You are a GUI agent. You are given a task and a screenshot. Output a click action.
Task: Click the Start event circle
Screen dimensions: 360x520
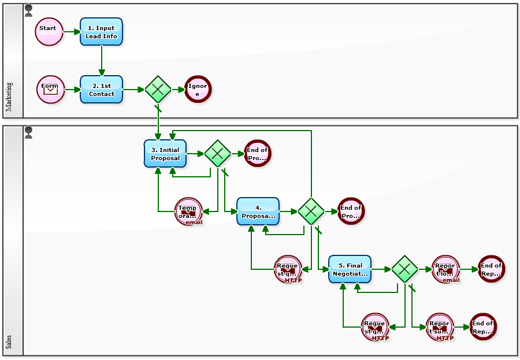click(x=49, y=31)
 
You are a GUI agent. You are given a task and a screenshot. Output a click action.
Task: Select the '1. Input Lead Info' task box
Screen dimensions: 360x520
click(x=101, y=32)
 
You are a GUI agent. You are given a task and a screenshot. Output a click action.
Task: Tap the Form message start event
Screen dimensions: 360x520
click(x=50, y=90)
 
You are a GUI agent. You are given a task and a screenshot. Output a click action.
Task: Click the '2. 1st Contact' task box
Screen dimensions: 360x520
click(x=101, y=90)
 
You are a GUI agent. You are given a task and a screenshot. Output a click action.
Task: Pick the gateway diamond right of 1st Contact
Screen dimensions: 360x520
click(x=158, y=90)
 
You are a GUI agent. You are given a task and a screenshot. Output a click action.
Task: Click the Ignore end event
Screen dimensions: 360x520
click(x=198, y=90)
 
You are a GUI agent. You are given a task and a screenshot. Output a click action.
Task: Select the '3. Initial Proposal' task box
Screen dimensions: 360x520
click(x=165, y=154)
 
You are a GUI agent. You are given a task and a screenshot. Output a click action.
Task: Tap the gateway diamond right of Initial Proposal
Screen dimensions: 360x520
click(x=218, y=154)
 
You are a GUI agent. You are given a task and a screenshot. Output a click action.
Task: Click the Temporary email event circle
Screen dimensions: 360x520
click(x=188, y=211)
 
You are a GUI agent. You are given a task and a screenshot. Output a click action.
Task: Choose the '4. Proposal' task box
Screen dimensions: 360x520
click(x=258, y=211)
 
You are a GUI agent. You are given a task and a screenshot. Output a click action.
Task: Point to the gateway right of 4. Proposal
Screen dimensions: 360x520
click(x=311, y=211)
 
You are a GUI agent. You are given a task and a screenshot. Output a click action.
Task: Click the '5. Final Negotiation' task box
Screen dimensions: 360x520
click(x=350, y=269)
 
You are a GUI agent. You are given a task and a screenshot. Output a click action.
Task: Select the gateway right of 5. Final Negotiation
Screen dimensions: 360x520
click(x=404, y=269)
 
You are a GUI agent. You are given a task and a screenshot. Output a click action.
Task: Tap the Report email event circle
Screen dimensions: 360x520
click(x=445, y=269)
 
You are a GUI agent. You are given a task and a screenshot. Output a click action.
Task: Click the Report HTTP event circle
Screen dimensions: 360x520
click(x=440, y=327)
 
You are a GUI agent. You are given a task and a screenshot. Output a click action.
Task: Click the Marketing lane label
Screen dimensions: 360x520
click(x=9, y=97)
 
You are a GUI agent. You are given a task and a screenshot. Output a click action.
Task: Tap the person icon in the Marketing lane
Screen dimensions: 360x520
click(x=28, y=10)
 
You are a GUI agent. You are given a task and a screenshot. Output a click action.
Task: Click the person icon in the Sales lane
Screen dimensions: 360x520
click(x=28, y=133)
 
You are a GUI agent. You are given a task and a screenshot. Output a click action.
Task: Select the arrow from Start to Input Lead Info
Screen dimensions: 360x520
click(x=72, y=32)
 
